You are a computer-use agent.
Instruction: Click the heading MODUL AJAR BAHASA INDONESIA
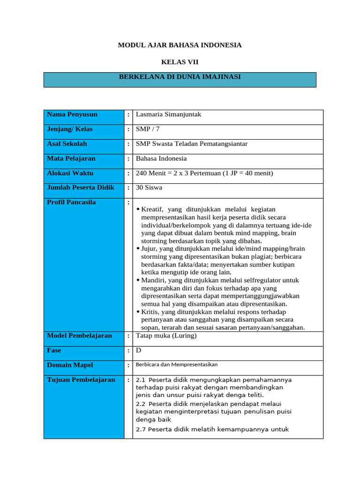pos(180,45)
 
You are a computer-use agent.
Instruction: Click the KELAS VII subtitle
pos(180,62)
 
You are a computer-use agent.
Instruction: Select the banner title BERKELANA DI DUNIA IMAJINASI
pos(180,77)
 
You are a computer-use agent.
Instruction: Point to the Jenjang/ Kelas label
pos(70,129)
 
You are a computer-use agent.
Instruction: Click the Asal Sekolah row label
pos(67,144)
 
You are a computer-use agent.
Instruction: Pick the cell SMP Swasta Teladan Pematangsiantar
pos(192,144)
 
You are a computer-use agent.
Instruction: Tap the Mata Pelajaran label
pos(70,158)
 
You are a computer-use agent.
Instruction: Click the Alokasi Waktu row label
pos(70,173)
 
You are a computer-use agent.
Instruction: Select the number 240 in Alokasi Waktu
pos(141,173)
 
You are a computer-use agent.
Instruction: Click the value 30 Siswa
pos(149,187)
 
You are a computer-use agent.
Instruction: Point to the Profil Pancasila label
pos(71,202)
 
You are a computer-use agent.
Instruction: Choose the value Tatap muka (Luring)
pos(166,336)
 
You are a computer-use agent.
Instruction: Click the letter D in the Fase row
pos(138,350)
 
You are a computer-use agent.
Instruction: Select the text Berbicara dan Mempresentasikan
pos(176,364)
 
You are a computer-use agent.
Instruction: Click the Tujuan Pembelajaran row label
pos(81,380)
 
